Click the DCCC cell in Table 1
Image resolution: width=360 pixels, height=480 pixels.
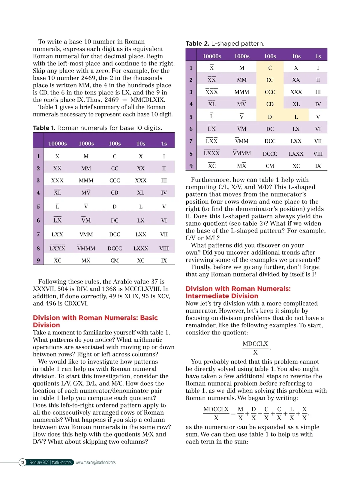[x=115, y=248]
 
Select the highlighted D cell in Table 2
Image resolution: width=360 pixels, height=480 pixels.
[x=270, y=117]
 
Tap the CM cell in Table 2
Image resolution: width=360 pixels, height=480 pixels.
[x=270, y=166]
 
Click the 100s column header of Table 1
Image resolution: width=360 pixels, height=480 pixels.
[x=115, y=144]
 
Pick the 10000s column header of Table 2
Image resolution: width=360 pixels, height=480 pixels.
[x=212, y=56]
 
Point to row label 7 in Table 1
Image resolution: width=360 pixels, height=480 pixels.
[x=38, y=234]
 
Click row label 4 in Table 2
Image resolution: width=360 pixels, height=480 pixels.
[x=191, y=104]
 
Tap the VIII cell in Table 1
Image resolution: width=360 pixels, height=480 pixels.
[x=164, y=248]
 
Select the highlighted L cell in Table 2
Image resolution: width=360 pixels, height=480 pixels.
[x=296, y=117]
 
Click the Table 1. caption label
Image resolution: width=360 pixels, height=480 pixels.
[x=44, y=128]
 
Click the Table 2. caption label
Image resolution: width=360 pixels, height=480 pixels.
[x=197, y=43]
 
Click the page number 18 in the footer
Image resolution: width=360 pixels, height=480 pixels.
[x=22, y=462]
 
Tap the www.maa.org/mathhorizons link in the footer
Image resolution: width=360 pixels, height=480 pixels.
[x=95, y=462]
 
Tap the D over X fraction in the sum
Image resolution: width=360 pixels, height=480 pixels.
[x=253, y=413]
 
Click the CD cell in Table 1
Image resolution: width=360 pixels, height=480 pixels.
[x=115, y=193]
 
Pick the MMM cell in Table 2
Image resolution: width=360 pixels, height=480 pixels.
[x=241, y=92]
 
